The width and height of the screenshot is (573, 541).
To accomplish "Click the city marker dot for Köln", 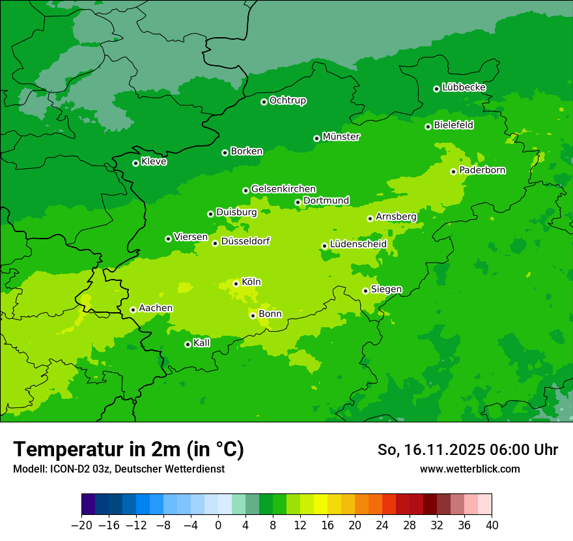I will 236,284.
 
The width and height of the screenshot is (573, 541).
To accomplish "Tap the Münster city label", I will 341,137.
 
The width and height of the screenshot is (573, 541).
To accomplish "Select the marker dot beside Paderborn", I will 453,171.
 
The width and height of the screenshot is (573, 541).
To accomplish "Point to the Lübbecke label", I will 464,87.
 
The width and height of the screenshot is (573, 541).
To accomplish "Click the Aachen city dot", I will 133,310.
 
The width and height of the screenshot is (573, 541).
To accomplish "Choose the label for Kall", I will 201,343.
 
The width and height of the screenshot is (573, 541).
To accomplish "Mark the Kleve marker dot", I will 135,163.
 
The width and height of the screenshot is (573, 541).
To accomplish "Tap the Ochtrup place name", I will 287,100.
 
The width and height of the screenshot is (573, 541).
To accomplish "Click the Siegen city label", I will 386,289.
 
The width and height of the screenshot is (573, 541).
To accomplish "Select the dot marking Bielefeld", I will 428,126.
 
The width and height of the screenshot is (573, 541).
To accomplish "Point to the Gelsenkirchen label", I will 283,189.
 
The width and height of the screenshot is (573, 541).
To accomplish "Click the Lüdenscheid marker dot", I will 324,246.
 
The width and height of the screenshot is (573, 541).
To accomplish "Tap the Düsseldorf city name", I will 245,241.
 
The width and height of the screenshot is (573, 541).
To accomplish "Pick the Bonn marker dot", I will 253,315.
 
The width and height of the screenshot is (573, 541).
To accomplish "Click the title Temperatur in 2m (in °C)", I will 128,449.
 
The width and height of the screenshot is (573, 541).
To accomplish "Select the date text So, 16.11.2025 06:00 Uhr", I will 468,450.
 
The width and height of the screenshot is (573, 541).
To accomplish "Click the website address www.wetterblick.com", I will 469,469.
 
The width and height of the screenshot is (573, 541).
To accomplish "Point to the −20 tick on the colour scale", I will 81,525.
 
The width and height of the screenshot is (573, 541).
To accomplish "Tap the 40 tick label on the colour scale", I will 492,525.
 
